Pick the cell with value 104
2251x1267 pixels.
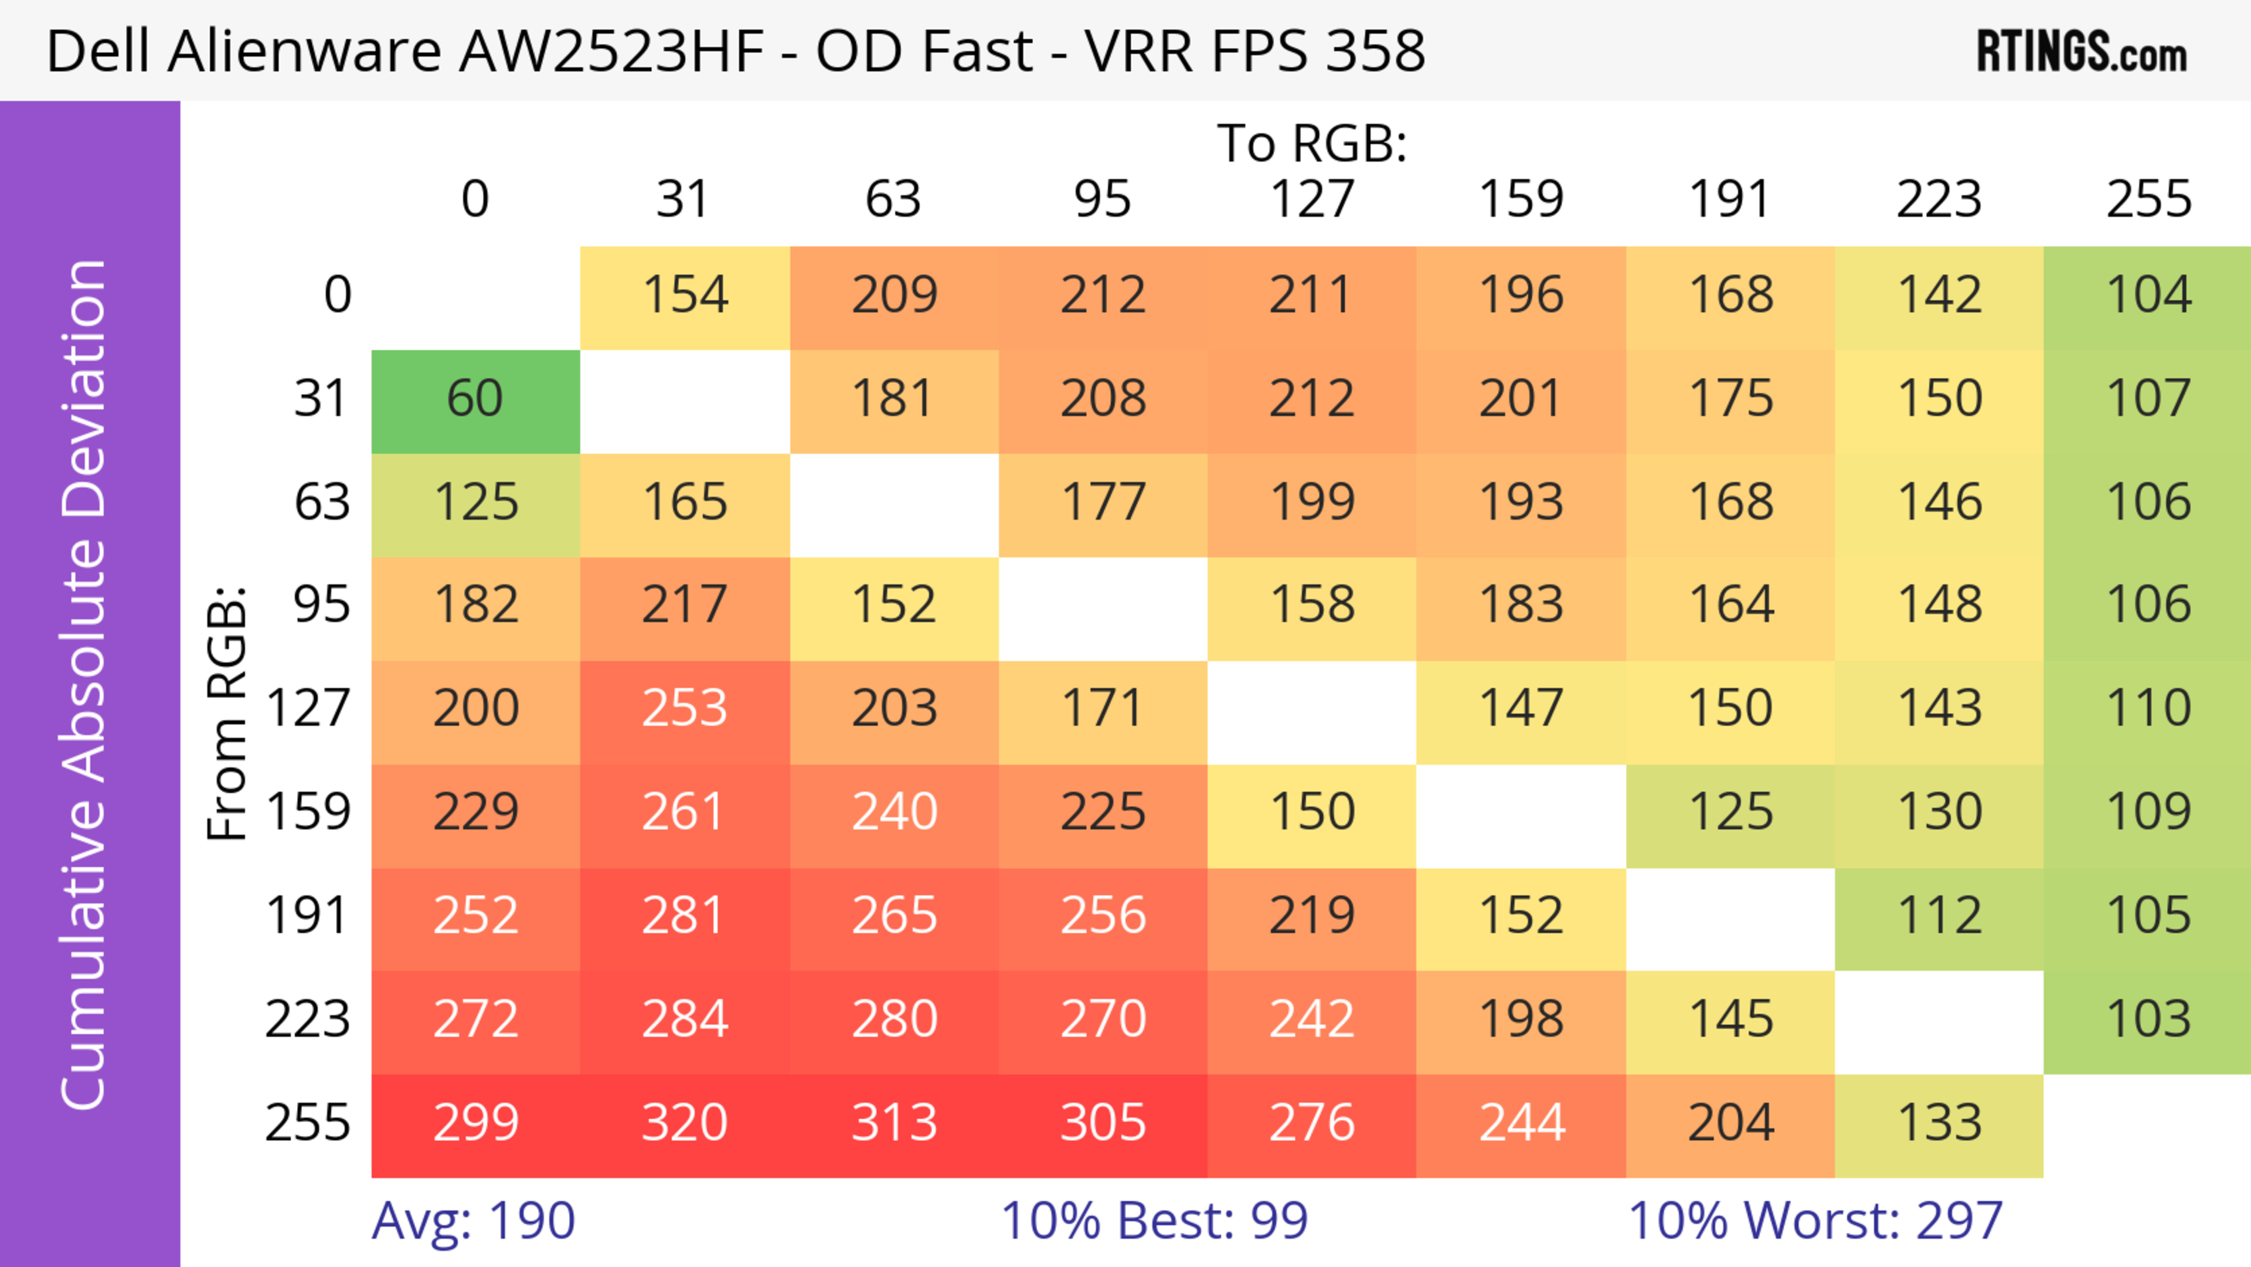pos(2148,296)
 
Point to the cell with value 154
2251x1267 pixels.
pos(684,296)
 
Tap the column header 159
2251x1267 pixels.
pos(1521,200)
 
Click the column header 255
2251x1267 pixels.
pos(2148,200)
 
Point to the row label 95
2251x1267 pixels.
pos(322,604)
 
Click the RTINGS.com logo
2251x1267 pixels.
pos(2082,52)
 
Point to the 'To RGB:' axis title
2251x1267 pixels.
pos(1312,144)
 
